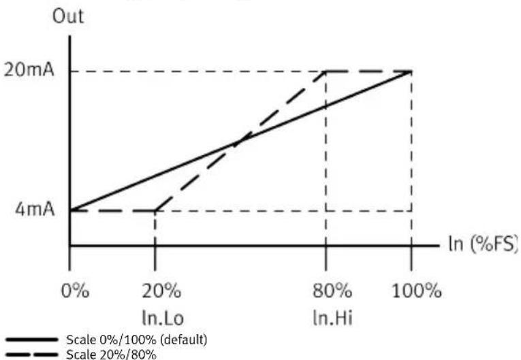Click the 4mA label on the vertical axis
(x=31, y=210)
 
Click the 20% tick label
(x=161, y=293)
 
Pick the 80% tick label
(x=332, y=293)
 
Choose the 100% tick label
(x=417, y=293)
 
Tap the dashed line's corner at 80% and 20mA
(x=327, y=71)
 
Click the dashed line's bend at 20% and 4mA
(x=155, y=210)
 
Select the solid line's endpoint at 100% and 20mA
(x=411, y=71)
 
